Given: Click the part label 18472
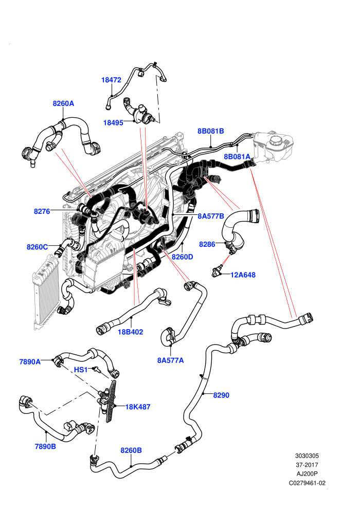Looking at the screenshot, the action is [x=111, y=80].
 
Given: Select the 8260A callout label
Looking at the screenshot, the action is [x=63, y=103].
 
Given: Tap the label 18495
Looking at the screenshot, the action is [x=113, y=123].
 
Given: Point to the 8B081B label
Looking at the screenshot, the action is [x=211, y=131].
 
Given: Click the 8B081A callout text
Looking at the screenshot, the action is [x=237, y=157].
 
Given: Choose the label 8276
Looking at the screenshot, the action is [x=42, y=211].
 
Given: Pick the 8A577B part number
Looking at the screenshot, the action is [x=211, y=216].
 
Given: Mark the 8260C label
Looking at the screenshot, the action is [x=38, y=247].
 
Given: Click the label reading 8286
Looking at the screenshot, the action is [x=207, y=244].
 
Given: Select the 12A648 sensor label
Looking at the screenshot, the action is [x=243, y=275].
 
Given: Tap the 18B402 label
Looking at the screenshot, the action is [x=130, y=332].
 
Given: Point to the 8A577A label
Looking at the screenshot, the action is [x=170, y=360].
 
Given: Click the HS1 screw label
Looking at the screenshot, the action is [x=81, y=370].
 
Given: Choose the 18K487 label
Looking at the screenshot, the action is [x=138, y=407].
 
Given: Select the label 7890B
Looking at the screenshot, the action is [x=45, y=447].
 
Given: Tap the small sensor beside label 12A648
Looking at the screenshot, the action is [x=217, y=272].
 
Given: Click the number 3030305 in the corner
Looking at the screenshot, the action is [x=307, y=456].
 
